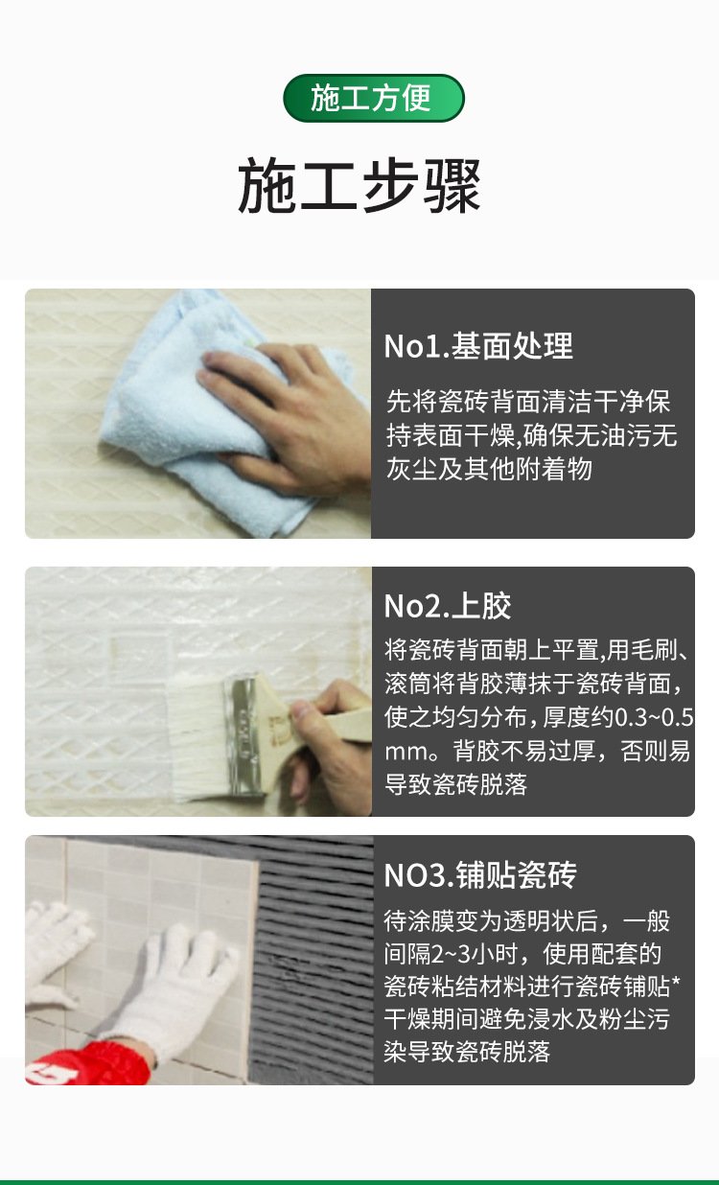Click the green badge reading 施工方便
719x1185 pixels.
click(374, 98)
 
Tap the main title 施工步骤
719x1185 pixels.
click(359, 186)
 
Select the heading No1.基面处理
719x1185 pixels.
click(478, 346)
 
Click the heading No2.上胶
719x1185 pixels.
click(448, 606)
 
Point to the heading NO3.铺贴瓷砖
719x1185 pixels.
click(480, 874)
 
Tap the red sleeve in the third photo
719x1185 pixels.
click(87, 1064)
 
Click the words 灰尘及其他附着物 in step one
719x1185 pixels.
click(488, 469)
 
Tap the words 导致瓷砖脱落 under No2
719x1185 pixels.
click(455, 784)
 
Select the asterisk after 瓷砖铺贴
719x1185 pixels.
click(675, 983)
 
